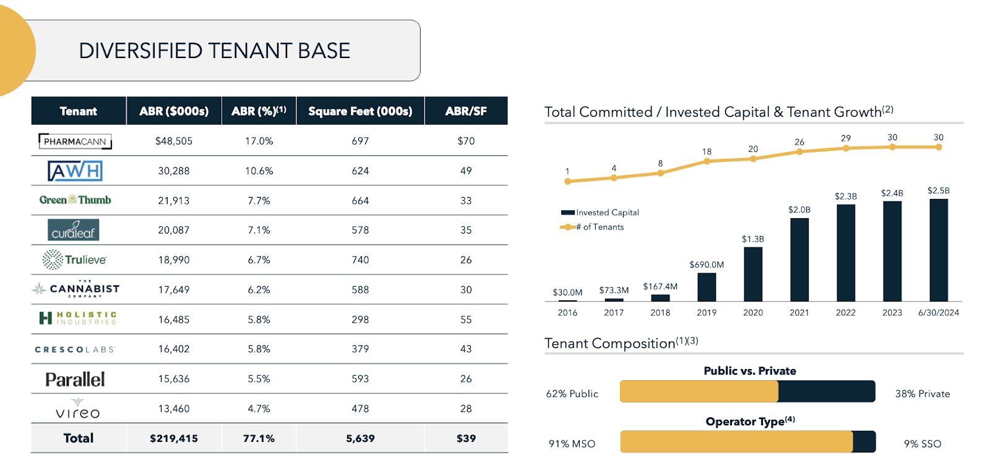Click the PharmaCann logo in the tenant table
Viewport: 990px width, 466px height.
click(75, 142)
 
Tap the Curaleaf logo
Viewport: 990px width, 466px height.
click(73, 230)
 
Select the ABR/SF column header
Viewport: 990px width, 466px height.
click(466, 111)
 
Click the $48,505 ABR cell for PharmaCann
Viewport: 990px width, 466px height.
click(174, 142)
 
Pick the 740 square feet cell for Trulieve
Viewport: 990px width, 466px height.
click(360, 260)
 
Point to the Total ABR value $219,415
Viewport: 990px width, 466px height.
click(174, 438)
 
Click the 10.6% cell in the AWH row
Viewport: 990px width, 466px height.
click(259, 171)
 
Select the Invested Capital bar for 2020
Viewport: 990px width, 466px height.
click(753, 274)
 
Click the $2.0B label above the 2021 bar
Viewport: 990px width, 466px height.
click(799, 210)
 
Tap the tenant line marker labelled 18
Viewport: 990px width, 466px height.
click(707, 161)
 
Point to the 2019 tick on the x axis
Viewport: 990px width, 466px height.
click(707, 313)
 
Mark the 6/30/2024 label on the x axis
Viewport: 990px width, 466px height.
click(938, 313)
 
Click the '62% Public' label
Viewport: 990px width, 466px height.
click(572, 394)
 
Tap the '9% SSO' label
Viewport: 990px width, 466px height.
click(922, 444)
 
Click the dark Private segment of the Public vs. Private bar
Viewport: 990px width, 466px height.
click(826, 392)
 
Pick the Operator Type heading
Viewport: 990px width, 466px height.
click(750, 422)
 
